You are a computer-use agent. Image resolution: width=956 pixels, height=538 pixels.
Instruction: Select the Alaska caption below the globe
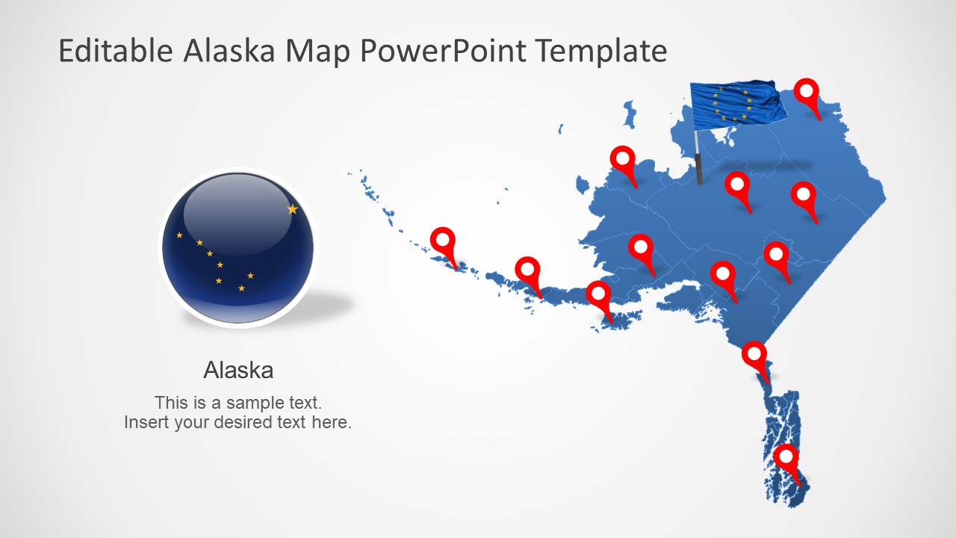click(x=238, y=370)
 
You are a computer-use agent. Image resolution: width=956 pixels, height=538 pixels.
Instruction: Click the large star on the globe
click(x=292, y=209)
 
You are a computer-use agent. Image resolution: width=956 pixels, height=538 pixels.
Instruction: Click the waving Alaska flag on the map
click(x=737, y=102)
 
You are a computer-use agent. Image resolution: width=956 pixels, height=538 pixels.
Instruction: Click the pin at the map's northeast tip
click(x=807, y=93)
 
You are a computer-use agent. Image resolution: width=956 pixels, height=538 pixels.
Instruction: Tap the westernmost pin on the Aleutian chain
click(x=443, y=241)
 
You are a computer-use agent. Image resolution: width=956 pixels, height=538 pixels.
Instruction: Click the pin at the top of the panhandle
click(x=754, y=354)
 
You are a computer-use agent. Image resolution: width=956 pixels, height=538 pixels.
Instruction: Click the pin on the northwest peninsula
click(x=622, y=159)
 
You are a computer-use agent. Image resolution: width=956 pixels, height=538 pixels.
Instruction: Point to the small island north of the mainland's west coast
click(x=630, y=116)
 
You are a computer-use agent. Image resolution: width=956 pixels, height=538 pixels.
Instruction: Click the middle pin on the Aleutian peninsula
click(x=528, y=270)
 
